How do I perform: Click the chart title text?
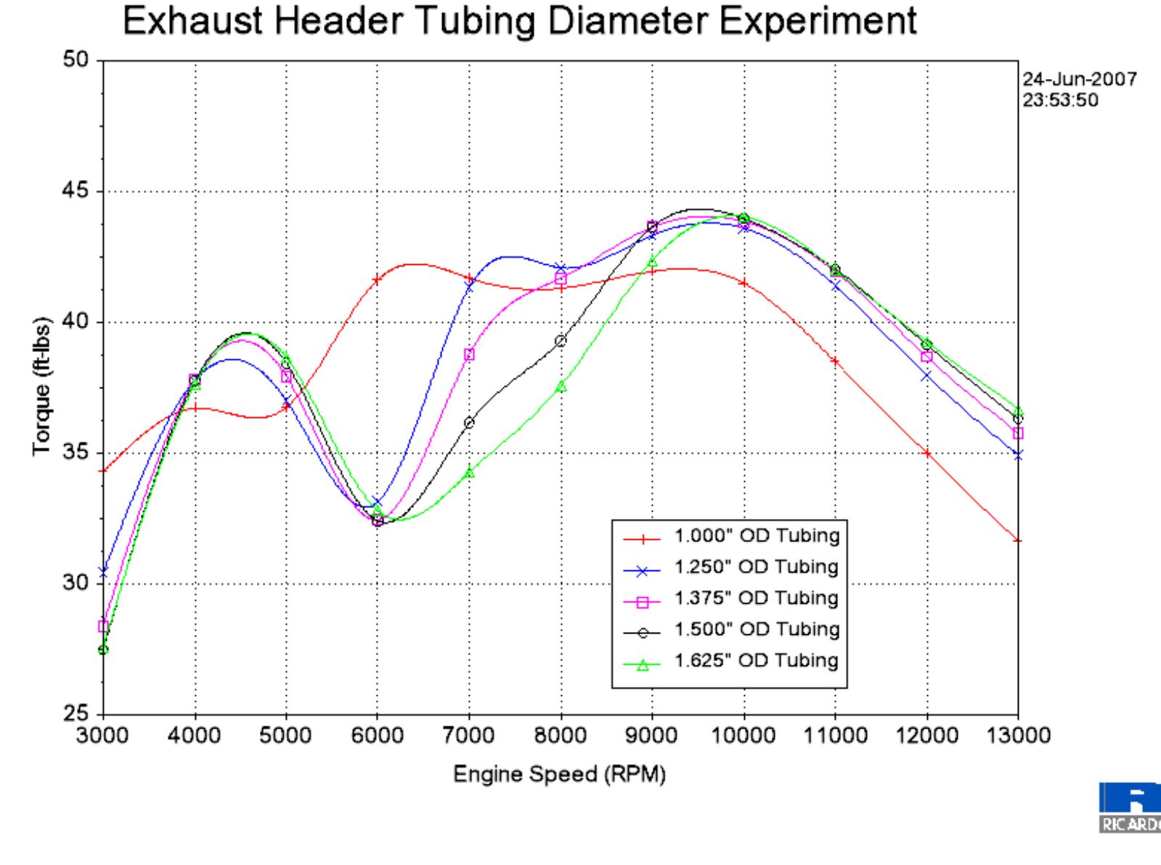tap(519, 21)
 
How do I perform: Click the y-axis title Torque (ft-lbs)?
tap(41, 388)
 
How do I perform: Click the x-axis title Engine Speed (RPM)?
tap(559, 774)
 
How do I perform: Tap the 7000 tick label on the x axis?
tap(468, 735)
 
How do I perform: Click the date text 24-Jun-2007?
tap(1079, 79)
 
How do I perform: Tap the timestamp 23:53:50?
tap(1060, 100)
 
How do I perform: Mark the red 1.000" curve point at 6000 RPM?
tap(377, 279)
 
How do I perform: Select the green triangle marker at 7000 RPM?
tap(469, 472)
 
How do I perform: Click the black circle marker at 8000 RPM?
tap(561, 341)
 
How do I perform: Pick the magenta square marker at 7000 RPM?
tap(469, 354)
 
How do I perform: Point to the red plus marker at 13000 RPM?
tap(1017, 541)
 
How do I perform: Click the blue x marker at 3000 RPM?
tap(103, 571)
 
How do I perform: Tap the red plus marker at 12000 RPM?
tap(926, 453)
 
